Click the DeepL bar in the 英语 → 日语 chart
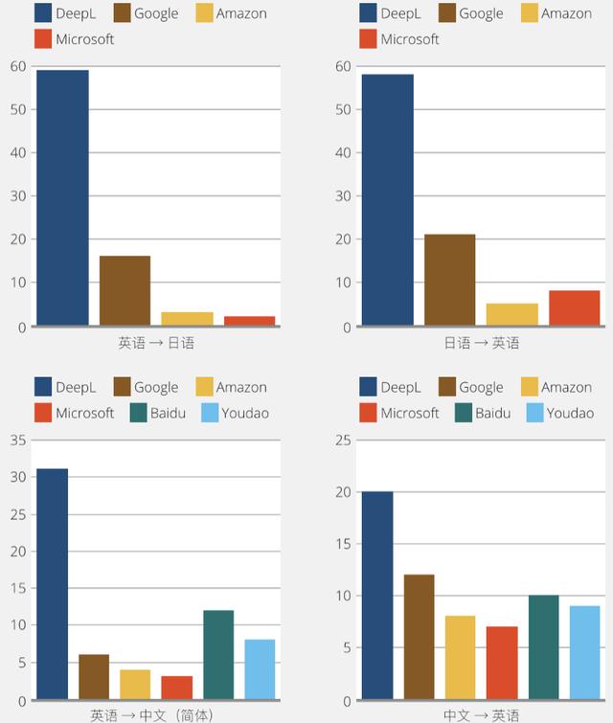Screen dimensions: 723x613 click(x=62, y=197)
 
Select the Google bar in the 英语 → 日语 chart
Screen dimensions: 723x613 click(x=125, y=290)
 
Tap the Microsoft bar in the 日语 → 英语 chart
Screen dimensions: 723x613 click(x=574, y=307)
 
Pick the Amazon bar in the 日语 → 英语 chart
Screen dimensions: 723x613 click(x=512, y=314)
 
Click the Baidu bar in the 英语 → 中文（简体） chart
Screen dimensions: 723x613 click(x=218, y=654)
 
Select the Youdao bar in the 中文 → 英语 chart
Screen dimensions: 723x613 click(x=577, y=652)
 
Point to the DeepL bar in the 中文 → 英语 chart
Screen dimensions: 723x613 click(x=377, y=595)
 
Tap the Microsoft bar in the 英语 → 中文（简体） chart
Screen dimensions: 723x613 click(x=177, y=687)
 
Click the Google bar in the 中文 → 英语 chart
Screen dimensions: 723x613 click(x=419, y=636)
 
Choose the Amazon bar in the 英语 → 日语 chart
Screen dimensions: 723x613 click(x=187, y=318)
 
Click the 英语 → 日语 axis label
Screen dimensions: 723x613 click(x=156, y=342)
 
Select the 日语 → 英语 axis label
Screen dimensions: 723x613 click(x=481, y=342)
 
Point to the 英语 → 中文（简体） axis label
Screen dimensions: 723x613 click(x=151, y=714)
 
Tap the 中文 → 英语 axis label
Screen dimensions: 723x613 click(x=481, y=714)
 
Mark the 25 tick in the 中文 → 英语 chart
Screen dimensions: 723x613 click(x=344, y=441)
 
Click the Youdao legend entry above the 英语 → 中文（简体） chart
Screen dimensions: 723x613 click(x=236, y=413)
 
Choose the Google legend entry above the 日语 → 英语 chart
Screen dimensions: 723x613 click(x=469, y=13)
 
